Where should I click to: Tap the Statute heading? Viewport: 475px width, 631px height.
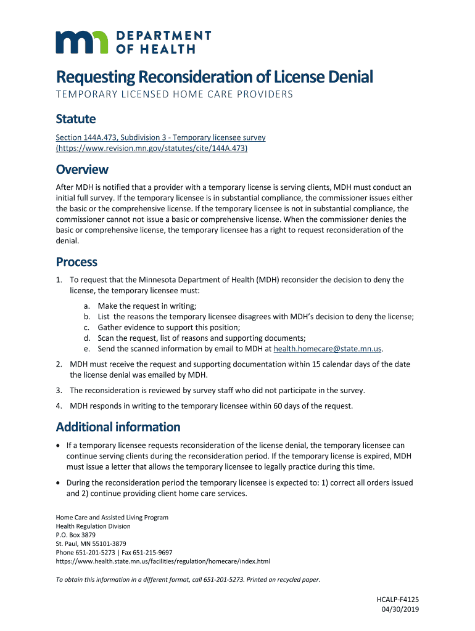(76, 118)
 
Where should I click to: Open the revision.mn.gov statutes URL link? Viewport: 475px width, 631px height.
(152, 148)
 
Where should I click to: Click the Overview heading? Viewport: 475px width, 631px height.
(82, 169)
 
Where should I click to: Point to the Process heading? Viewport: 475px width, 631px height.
(76, 262)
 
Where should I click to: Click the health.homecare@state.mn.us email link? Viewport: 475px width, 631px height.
(328, 349)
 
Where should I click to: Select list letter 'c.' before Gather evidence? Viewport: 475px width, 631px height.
(88, 327)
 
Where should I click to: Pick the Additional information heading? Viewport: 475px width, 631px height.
(118, 427)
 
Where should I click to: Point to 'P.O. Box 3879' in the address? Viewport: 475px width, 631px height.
(76, 535)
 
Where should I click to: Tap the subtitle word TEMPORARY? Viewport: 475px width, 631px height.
(86, 94)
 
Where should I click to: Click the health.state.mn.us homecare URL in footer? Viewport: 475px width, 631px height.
(163, 561)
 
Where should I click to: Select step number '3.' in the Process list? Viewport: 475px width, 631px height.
(59, 390)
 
